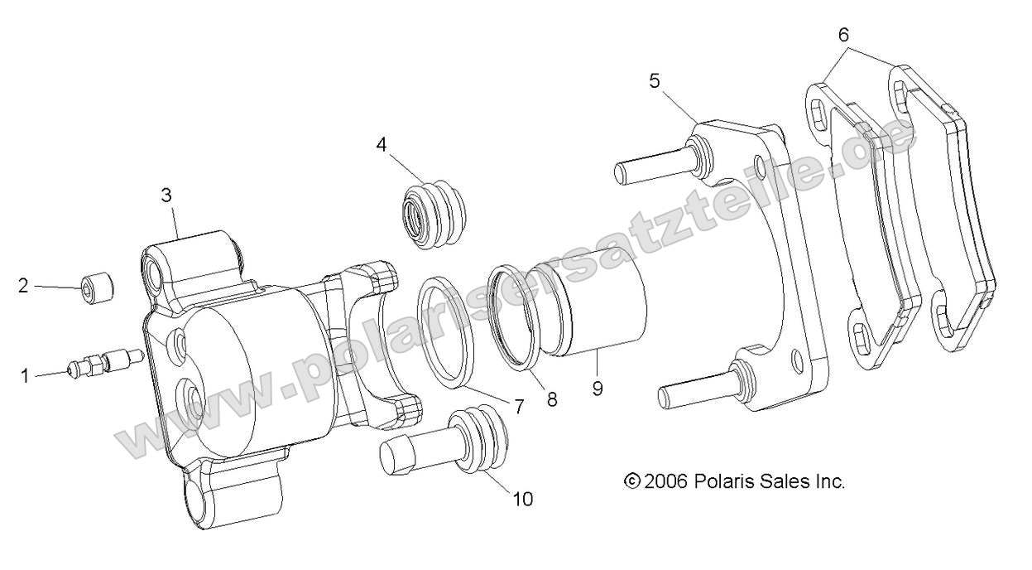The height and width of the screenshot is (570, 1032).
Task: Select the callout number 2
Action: [23, 286]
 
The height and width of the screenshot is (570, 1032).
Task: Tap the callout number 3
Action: [166, 196]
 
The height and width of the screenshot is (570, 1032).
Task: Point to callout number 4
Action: [381, 144]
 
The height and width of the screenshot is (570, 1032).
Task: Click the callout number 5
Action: [654, 81]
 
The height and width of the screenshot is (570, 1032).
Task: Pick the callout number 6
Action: [842, 35]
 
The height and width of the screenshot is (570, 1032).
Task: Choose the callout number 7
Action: [519, 406]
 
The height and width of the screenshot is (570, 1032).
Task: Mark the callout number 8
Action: [552, 399]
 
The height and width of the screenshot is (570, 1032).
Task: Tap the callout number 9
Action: [598, 387]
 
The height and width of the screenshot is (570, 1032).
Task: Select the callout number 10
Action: [522, 499]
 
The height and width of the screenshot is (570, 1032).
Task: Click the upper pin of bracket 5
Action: [654, 165]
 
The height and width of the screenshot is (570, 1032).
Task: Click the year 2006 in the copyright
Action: [667, 481]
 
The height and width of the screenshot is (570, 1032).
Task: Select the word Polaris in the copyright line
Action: [723, 481]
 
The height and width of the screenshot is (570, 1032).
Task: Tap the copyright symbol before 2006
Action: [632, 481]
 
